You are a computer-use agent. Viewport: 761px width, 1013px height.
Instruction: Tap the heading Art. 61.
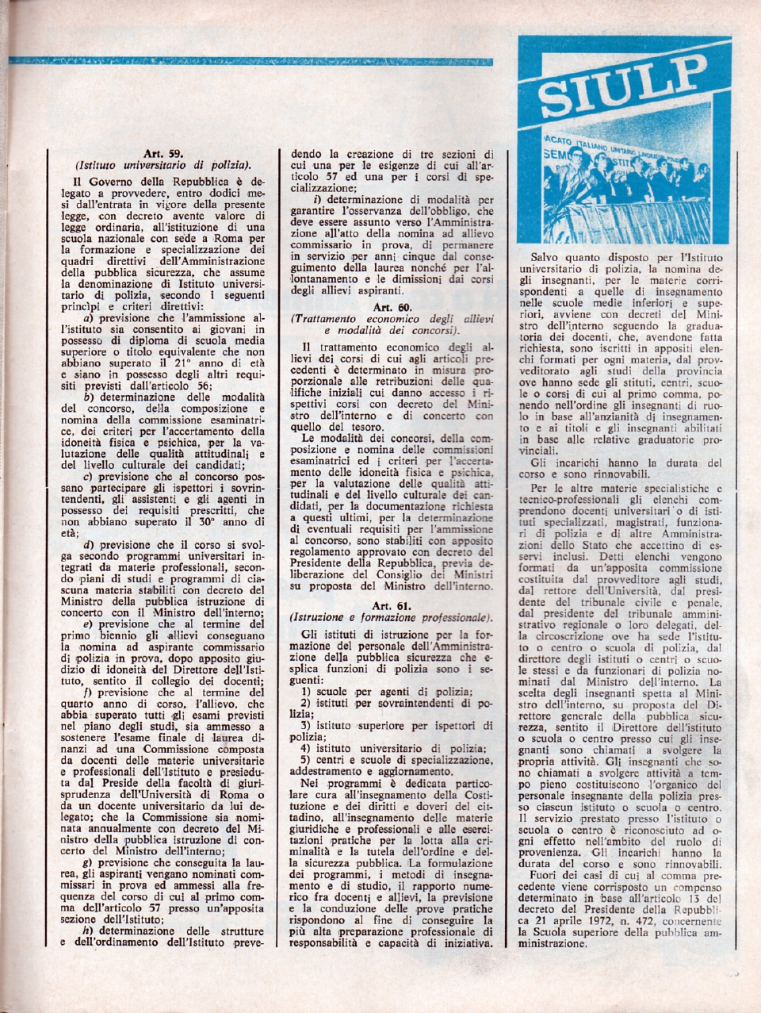(393, 605)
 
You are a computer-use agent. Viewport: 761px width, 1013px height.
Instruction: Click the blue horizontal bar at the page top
(249, 61)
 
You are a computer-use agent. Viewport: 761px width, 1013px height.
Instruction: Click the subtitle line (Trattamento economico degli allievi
(393, 318)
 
